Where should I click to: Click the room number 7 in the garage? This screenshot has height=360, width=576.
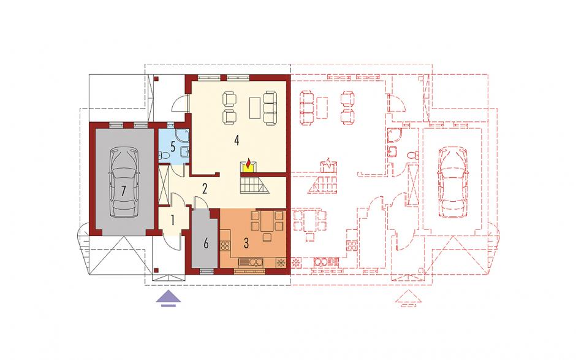pyautogui.click(x=123, y=191)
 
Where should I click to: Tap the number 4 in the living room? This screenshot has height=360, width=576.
pyautogui.click(x=237, y=140)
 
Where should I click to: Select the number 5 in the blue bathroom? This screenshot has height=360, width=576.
pyautogui.click(x=173, y=147)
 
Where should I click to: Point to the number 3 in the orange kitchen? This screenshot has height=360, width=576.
pyautogui.click(x=246, y=243)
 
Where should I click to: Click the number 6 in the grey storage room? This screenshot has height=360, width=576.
pyautogui.click(x=206, y=243)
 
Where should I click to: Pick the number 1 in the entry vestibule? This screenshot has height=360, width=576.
pyautogui.click(x=173, y=221)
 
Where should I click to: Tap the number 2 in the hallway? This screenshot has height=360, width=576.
pyautogui.click(x=205, y=189)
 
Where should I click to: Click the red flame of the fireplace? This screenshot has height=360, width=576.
pyautogui.click(x=249, y=163)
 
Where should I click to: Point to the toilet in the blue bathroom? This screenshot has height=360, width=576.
pyautogui.click(x=164, y=156)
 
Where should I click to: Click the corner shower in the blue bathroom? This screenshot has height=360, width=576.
pyautogui.click(x=182, y=136)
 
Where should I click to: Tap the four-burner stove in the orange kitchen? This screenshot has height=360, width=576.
pyautogui.click(x=225, y=245)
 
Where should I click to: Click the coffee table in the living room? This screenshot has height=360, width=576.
pyautogui.click(x=255, y=107)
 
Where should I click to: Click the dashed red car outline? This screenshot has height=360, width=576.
pyautogui.click(x=453, y=182)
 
